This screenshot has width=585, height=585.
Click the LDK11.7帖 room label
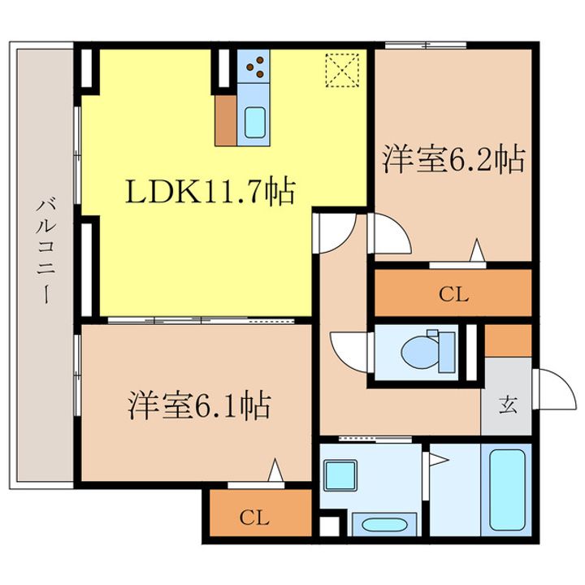tap(210, 192)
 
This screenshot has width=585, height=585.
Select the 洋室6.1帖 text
tap(200, 405)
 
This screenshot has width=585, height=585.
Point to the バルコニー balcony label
tap(45, 253)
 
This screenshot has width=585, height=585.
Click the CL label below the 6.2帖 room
tap(453, 295)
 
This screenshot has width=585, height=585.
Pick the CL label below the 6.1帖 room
tap(254, 518)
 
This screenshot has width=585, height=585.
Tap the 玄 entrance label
tap(508, 405)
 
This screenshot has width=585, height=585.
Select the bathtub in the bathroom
tap(507, 489)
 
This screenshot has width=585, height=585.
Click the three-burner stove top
tap(253, 66)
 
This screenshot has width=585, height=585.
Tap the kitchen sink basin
tap(255, 123)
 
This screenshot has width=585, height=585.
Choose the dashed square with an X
tap(342, 70)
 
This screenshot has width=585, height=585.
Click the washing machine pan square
tap(340, 475)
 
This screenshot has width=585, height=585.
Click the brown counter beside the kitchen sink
tap(226, 120)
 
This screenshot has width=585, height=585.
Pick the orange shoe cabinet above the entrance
tap(508, 340)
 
